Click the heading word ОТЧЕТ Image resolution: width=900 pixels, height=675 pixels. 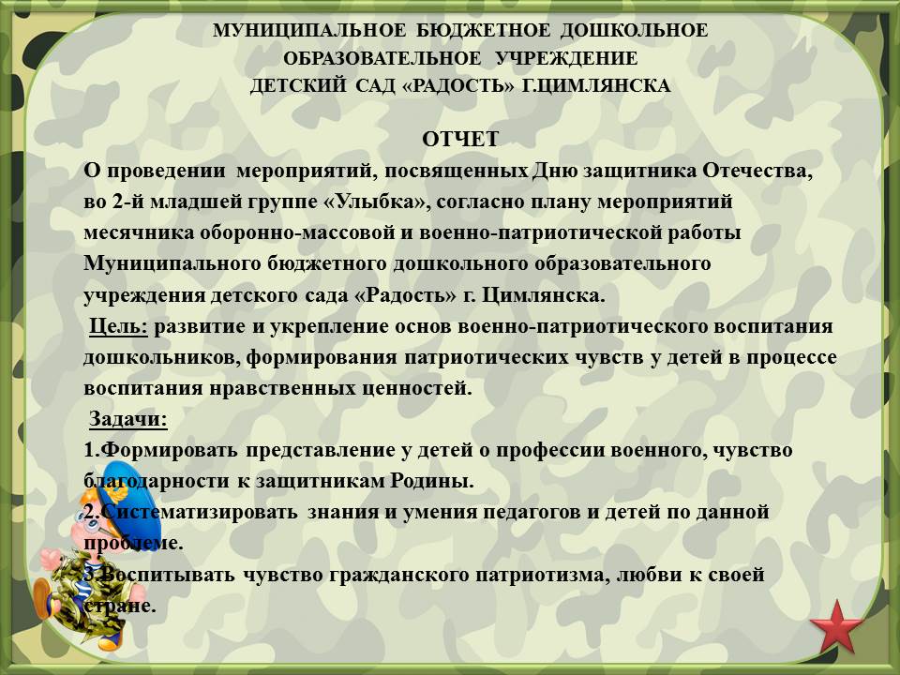pos(460,140)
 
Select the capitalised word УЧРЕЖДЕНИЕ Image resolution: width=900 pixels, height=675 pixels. pos(566,58)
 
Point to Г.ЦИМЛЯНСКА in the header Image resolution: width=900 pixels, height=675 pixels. pos(596,86)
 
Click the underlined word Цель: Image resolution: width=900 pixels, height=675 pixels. pos(119,326)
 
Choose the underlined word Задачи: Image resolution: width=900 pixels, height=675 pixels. pos(128,420)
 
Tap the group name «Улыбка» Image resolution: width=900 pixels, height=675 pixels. pos(382,202)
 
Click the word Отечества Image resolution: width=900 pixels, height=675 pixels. pos(757,171)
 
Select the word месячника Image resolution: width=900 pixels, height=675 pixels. pos(139,233)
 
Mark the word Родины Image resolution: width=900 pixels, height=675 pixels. pos(432,480)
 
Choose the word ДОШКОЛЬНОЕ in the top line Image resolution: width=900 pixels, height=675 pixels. pos(634,30)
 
